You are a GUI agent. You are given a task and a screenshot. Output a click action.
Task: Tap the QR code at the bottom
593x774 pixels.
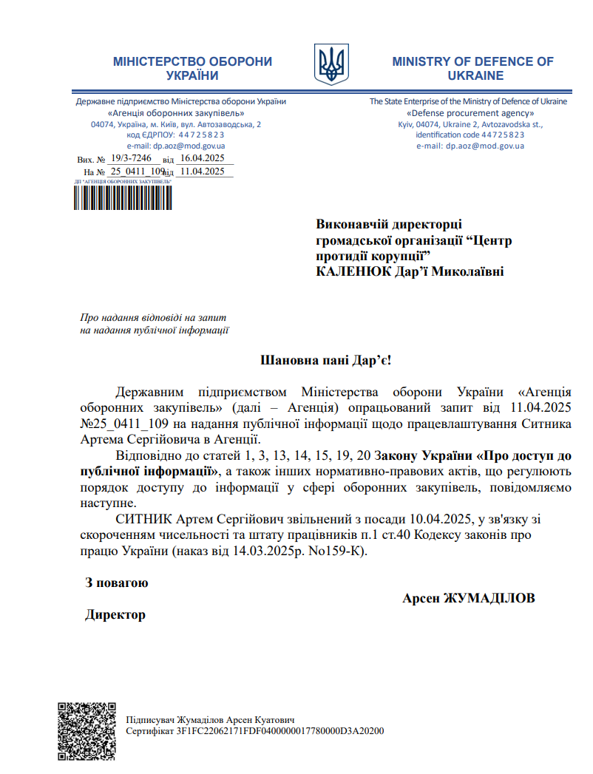pos(87,730)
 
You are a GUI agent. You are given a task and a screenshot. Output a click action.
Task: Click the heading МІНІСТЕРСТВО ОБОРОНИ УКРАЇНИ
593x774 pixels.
pos(192,68)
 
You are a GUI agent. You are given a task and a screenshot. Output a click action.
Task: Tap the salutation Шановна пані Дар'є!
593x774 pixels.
pos(325,361)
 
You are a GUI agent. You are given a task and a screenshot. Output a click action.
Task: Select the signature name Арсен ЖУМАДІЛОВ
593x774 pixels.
pos(468,597)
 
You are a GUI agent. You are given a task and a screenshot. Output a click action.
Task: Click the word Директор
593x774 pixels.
pos(115,614)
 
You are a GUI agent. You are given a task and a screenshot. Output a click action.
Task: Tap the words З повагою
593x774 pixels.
pos(117,583)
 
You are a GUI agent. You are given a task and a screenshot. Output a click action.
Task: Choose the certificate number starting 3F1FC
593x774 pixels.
pos(281,730)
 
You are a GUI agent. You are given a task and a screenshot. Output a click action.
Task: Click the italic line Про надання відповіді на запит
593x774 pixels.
pos(153,317)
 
